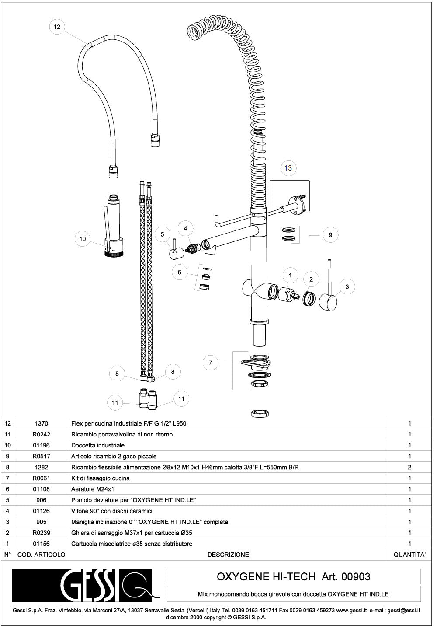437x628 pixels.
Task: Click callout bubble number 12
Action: click(x=57, y=27)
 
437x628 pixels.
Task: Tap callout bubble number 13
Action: click(x=288, y=168)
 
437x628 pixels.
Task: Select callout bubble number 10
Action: click(x=83, y=239)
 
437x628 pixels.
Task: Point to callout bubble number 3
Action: click(x=347, y=287)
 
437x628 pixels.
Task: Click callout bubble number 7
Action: click(x=210, y=363)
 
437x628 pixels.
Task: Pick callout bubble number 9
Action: click(x=330, y=235)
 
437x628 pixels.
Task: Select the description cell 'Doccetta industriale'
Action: click(x=98, y=445)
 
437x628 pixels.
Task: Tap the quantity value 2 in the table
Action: click(x=409, y=467)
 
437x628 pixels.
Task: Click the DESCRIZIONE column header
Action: click(x=228, y=555)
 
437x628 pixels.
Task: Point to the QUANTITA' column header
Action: click(x=409, y=555)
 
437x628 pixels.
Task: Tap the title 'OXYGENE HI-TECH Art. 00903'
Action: click(x=293, y=576)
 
